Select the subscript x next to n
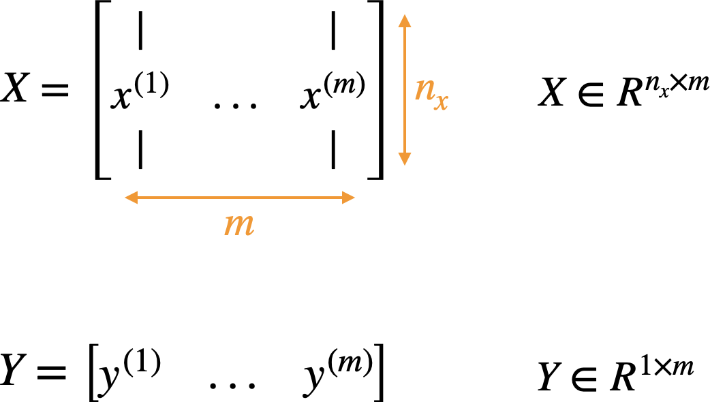(x=441, y=102)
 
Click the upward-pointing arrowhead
(x=405, y=21)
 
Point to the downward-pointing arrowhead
(x=405, y=159)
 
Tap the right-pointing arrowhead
(x=348, y=198)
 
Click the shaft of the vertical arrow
(x=405, y=89)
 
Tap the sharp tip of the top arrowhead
(x=405, y=14)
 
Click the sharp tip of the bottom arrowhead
(x=405, y=166)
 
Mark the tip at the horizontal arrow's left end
(x=125, y=198)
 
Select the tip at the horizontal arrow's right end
(x=355, y=198)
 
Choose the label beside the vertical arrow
(x=431, y=91)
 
